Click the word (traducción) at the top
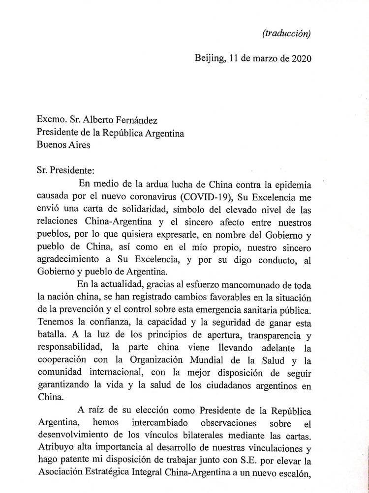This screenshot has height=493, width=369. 287,33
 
